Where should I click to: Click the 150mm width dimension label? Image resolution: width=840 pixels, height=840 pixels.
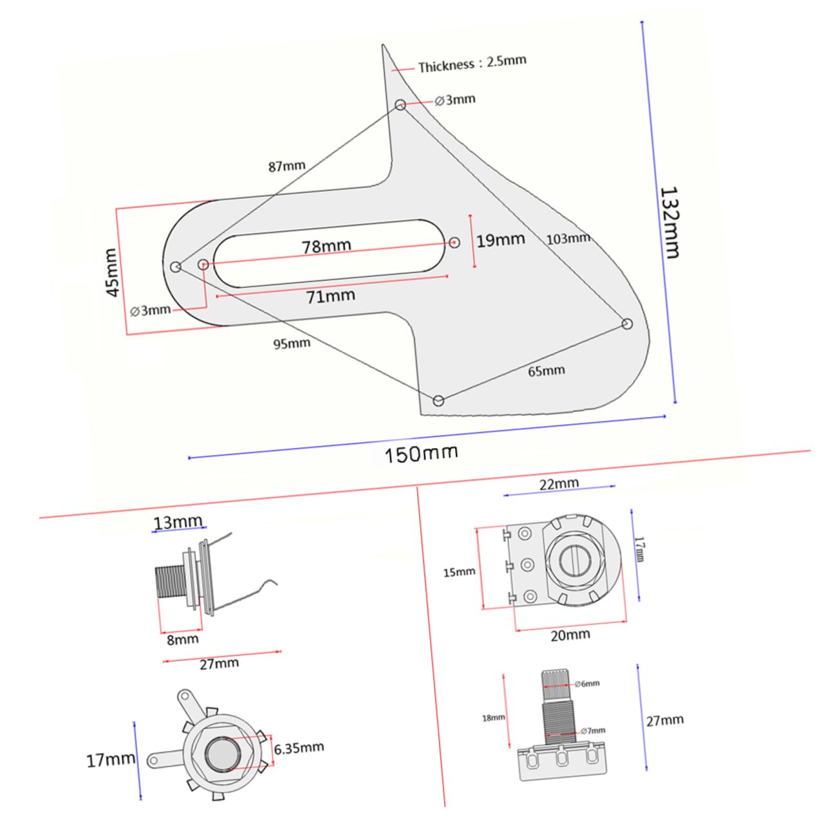click(x=421, y=453)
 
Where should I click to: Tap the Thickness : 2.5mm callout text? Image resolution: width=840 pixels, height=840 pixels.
click(x=472, y=64)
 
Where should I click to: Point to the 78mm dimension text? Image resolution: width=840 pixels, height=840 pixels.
click(x=326, y=246)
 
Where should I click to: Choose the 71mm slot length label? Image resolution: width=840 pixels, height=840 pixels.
click(x=330, y=296)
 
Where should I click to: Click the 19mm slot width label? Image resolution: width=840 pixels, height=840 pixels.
click(x=500, y=240)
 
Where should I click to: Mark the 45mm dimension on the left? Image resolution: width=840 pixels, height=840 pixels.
click(x=112, y=272)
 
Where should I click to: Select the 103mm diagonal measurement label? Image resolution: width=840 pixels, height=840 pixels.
click(x=568, y=238)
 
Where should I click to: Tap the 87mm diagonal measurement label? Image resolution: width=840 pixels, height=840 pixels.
click(x=286, y=166)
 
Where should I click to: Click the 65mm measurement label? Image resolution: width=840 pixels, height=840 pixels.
click(x=546, y=371)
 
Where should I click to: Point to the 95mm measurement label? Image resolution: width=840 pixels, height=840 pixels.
click(x=292, y=344)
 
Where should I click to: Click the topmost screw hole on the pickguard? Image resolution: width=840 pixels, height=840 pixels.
click(x=400, y=104)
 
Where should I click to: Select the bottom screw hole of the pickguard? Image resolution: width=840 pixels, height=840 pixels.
click(x=438, y=400)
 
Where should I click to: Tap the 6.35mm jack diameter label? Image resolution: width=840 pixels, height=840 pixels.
click(x=299, y=748)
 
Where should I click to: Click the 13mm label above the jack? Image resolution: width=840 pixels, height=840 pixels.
click(x=178, y=521)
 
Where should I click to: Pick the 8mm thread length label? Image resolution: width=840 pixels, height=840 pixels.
click(x=183, y=639)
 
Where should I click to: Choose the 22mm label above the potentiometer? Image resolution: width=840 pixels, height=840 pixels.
click(x=559, y=483)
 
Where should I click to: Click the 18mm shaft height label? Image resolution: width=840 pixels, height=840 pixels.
click(x=494, y=717)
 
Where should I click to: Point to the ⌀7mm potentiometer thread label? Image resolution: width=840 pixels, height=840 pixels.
click(x=592, y=731)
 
